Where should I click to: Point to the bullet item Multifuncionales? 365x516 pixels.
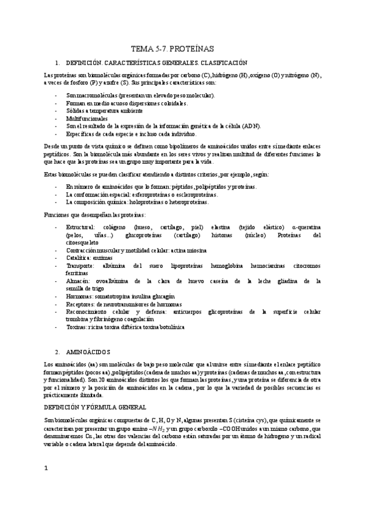87,118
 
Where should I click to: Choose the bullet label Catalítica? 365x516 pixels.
79,241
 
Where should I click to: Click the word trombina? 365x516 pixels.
79,302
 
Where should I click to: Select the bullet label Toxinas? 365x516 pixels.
77,326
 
